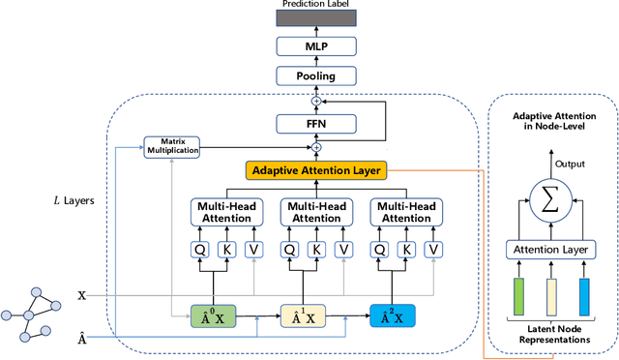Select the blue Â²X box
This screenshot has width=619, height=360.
pos(393,315)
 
